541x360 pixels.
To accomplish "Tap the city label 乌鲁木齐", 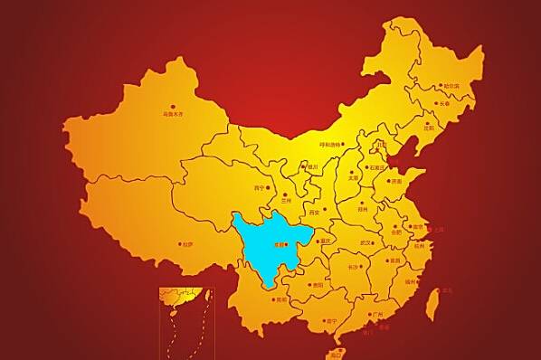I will (x=172, y=115).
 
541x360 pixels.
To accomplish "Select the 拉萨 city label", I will (x=187, y=243).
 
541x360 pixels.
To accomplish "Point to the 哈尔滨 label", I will (x=451, y=86).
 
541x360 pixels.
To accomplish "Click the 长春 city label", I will (x=442, y=103).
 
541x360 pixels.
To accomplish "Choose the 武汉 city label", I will (x=365, y=242).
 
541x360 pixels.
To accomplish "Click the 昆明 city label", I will (x=281, y=299).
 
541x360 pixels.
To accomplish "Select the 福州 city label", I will (x=411, y=283).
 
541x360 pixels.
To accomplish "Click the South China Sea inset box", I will (x=185, y=321).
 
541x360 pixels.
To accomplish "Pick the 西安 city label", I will (x=314, y=212).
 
